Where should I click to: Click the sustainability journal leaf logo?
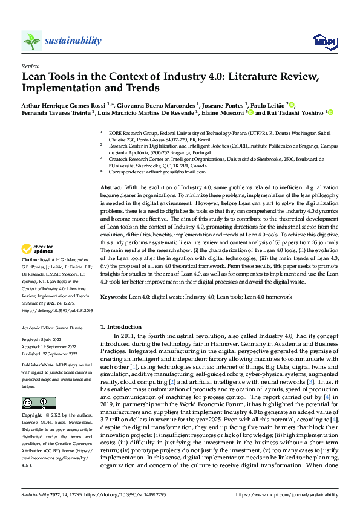point(31,41)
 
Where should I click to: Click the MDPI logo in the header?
point(322,41)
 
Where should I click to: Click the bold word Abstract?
point(111,189)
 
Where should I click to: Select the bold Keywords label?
point(113,297)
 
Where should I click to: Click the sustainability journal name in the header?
point(73,41)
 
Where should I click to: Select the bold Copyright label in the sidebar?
point(32,416)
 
